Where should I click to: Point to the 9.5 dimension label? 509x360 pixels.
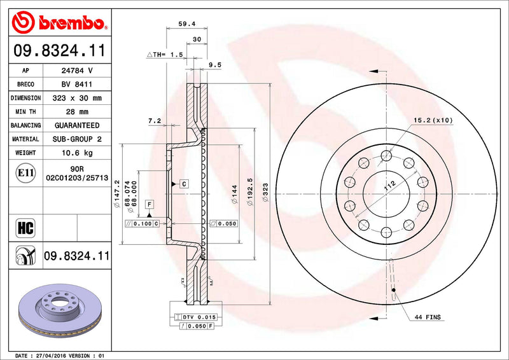214,64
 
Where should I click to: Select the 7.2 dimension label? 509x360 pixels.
154,120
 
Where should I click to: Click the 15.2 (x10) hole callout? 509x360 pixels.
433,120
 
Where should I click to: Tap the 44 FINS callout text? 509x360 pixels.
427,317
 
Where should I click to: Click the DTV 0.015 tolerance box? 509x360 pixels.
199,317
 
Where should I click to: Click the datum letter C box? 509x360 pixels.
183,184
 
